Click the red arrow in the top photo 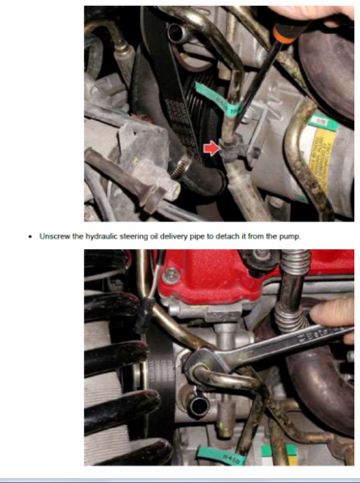coord(211,148)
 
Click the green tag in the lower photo coord(220,455)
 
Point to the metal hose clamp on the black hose coord(181,166)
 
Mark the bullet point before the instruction coord(30,237)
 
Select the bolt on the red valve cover coord(171,274)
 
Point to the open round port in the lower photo coord(197,407)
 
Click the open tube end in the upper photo coord(176,33)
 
